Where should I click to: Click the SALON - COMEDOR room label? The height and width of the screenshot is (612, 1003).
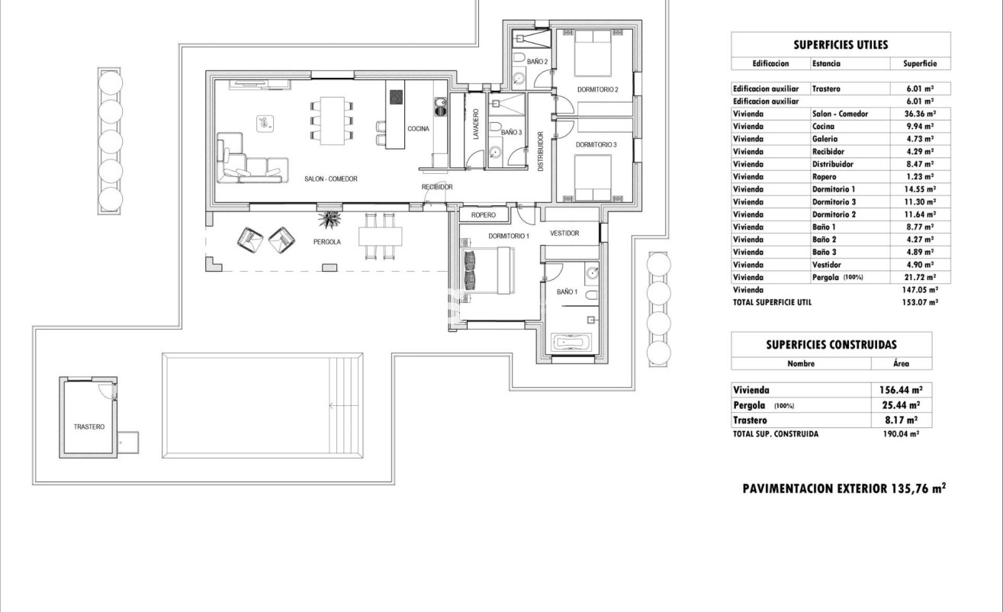click(330, 179)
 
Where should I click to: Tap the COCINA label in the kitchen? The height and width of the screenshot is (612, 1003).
click(417, 129)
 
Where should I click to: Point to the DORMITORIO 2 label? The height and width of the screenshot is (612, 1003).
click(597, 90)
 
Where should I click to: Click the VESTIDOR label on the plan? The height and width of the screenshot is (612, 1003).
click(564, 234)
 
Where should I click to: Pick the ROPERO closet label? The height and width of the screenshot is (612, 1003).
click(483, 215)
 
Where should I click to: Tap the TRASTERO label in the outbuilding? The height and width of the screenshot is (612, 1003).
click(88, 427)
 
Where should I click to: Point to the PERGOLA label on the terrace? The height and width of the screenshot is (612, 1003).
click(326, 241)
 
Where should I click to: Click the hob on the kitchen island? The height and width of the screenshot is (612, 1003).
click(397, 97)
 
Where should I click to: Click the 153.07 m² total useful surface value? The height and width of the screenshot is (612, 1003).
click(920, 302)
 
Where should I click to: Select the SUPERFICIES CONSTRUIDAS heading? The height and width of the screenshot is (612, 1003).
click(831, 345)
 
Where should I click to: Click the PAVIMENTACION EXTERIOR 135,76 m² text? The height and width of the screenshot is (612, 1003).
click(844, 488)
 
